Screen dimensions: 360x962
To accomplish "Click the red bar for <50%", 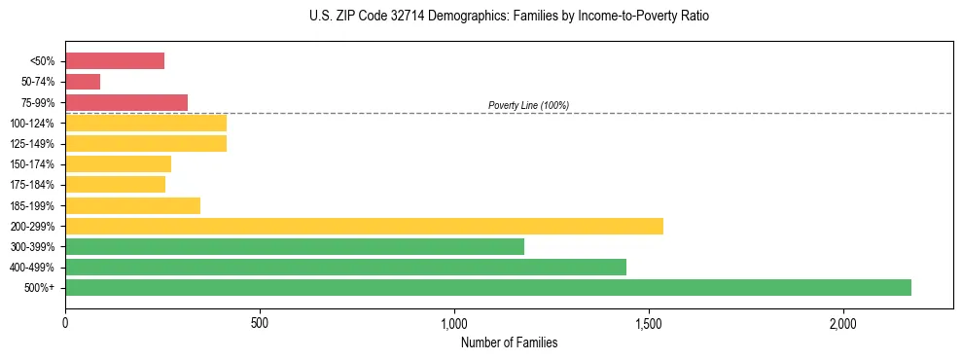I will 115,61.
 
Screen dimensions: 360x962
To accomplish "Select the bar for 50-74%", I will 83,82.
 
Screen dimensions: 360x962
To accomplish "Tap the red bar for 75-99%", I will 126,102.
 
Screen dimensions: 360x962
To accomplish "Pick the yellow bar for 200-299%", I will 364,226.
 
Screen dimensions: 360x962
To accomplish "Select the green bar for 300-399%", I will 295,246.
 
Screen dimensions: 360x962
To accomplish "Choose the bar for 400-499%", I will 345,267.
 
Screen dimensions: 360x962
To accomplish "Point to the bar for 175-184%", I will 115,184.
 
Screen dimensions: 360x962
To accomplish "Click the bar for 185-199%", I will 132,205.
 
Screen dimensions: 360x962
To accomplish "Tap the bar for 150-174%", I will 118,163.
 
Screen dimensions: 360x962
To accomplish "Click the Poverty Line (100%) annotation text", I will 528,105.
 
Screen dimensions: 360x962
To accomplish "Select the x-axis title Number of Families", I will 509,342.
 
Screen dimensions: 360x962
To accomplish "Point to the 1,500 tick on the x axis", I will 649,323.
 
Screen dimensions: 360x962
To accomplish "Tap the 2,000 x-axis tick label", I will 843,323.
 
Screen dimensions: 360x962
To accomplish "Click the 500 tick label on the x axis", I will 260,323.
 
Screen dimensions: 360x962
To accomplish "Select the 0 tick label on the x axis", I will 65,323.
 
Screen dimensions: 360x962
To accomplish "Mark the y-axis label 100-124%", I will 32,124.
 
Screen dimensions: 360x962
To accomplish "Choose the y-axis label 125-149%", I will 32,144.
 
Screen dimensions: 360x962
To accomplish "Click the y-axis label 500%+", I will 40,288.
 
